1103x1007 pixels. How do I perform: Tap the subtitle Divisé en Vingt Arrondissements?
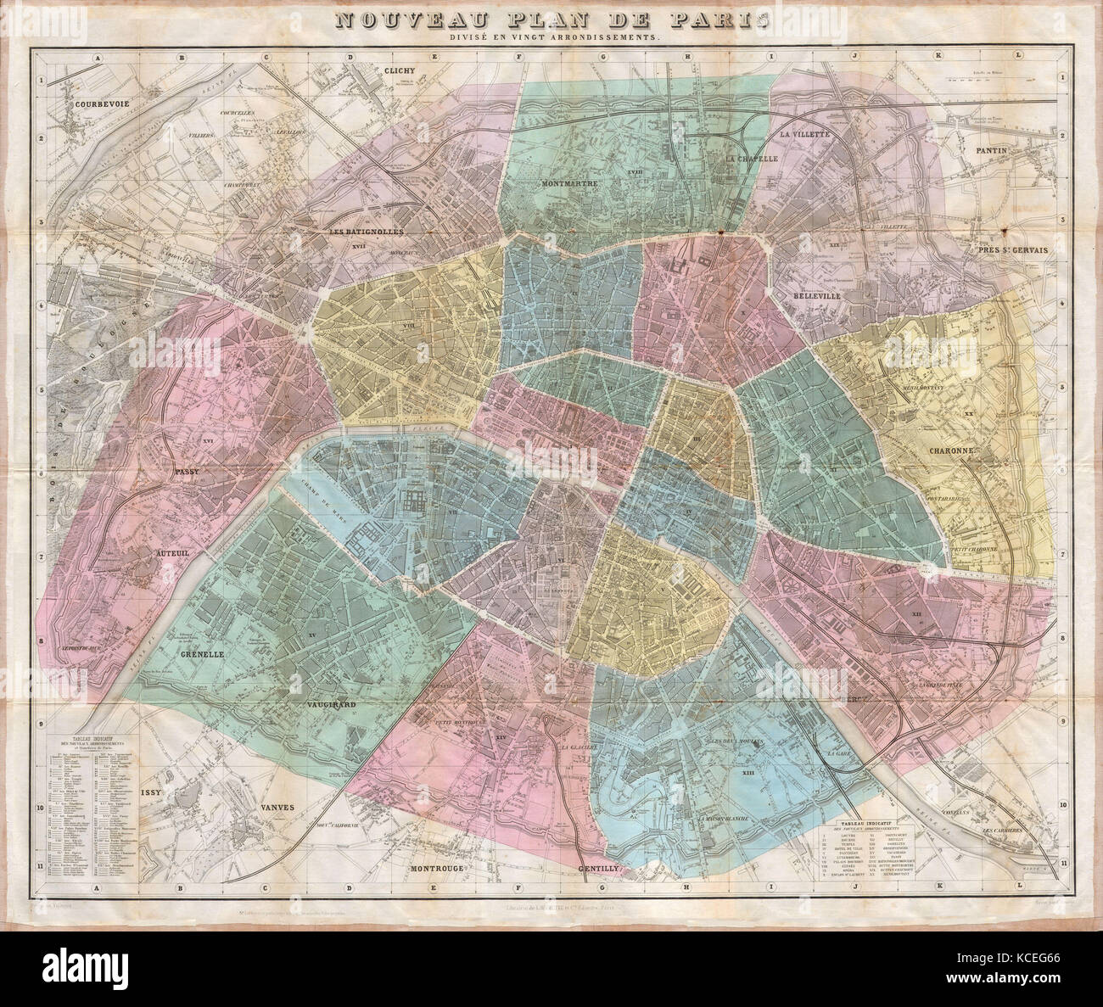click(551, 39)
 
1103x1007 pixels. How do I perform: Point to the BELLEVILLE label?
click(817, 297)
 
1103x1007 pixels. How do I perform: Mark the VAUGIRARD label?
click(325, 705)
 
